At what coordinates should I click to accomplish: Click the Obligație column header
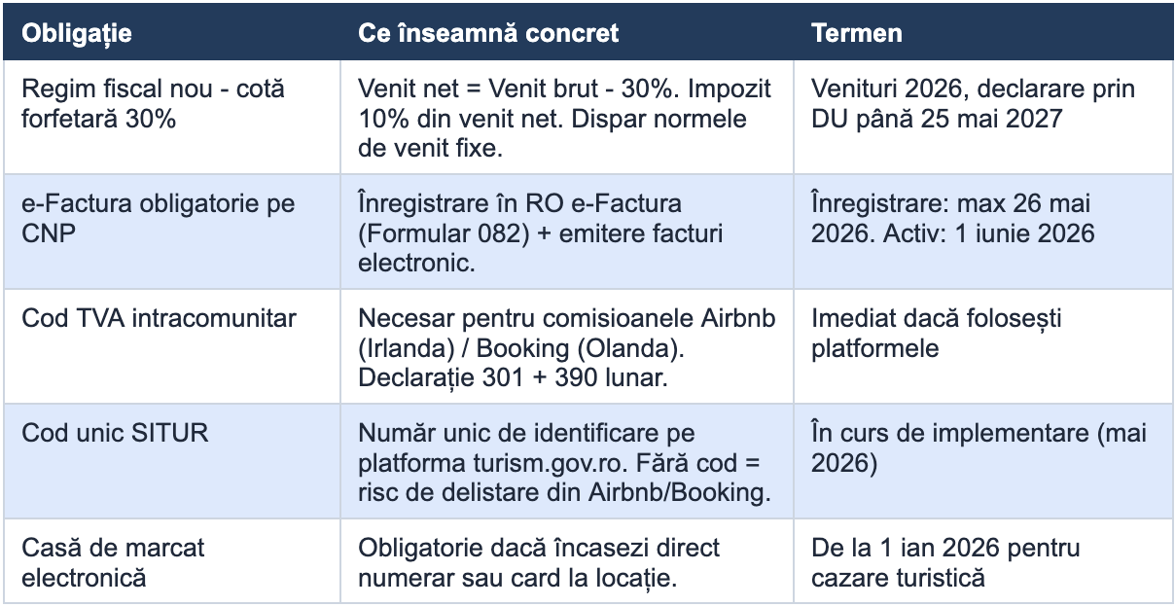coord(77,34)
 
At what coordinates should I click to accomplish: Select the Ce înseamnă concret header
coord(488,33)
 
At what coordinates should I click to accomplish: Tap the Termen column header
coord(857,33)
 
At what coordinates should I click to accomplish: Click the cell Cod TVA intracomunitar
coord(159,318)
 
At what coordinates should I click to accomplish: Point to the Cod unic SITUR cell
coord(115,433)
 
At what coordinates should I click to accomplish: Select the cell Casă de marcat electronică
coord(113,563)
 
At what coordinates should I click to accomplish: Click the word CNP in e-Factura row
coord(49,233)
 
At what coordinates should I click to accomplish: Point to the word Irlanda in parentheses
coord(406,348)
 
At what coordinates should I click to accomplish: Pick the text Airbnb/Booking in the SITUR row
coord(679,492)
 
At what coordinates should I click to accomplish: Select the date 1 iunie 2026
coord(1025,233)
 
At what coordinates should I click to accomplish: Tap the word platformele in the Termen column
coord(875,348)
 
